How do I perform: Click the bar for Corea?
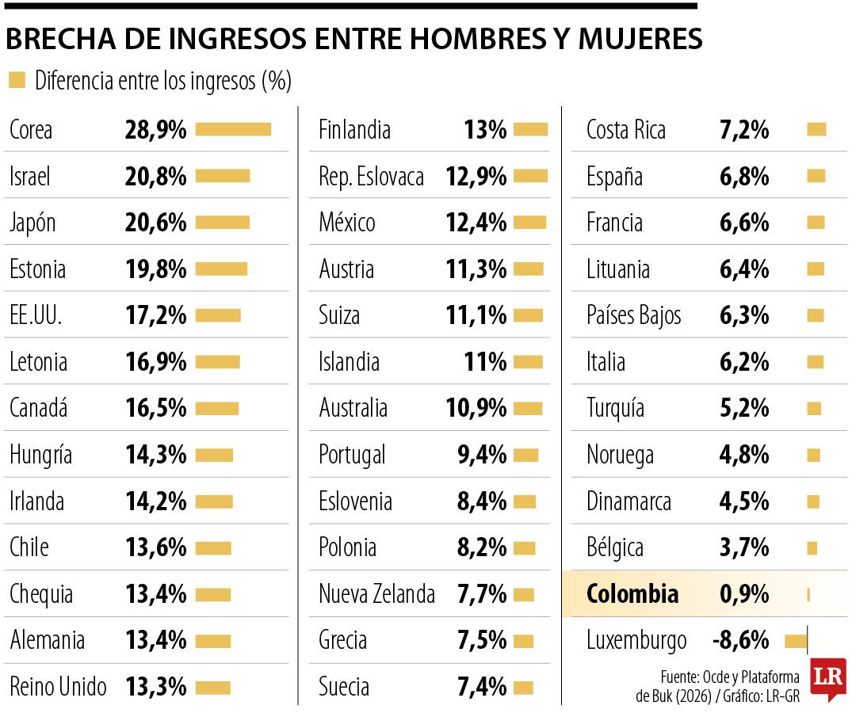pyautogui.click(x=233, y=129)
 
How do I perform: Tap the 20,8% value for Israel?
pyautogui.click(x=155, y=176)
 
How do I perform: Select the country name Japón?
pyautogui.click(x=32, y=223)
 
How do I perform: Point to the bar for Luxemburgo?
pyautogui.click(x=796, y=640)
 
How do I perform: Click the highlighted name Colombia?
pyautogui.click(x=632, y=593)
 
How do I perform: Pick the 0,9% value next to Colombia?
pyautogui.click(x=744, y=593)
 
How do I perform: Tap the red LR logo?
pyautogui.click(x=828, y=679)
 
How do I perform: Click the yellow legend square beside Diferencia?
pyautogui.click(x=17, y=80)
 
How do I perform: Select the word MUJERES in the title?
pyautogui.click(x=640, y=39)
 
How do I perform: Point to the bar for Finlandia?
pyautogui.click(x=530, y=129)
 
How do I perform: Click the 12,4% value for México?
pyautogui.click(x=476, y=223)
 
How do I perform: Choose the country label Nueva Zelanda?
pyautogui.click(x=376, y=593)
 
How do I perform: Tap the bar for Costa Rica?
pyautogui.click(x=816, y=129)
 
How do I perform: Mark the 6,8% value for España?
pyautogui.click(x=744, y=176)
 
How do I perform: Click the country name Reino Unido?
pyautogui.click(x=58, y=686)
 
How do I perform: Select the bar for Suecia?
pyautogui.click(x=523, y=688)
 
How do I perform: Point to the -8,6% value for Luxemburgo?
pyautogui.click(x=740, y=640)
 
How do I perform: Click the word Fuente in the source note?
pyautogui.click(x=679, y=677)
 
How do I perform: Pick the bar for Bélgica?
pyautogui.click(x=812, y=547)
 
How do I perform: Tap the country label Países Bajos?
pyautogui.click(x=634, y=316)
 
